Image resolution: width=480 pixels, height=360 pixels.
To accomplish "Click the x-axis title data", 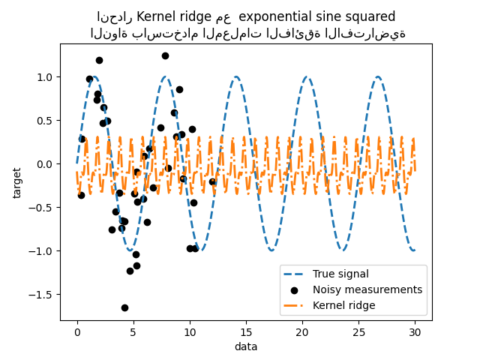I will click(x=246, y=346).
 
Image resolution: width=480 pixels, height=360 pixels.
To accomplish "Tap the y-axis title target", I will click(x=17, y=182).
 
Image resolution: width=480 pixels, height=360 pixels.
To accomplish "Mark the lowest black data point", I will click(x=124, y=307).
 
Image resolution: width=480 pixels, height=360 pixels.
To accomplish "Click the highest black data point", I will click(x=165, y=55).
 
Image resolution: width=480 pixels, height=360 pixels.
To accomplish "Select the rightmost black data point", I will click(x=212, y=181).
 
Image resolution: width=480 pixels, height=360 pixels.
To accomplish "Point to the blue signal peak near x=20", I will click(x=307, y=76).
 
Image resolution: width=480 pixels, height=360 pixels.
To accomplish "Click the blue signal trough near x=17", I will click(x=271, y=250).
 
